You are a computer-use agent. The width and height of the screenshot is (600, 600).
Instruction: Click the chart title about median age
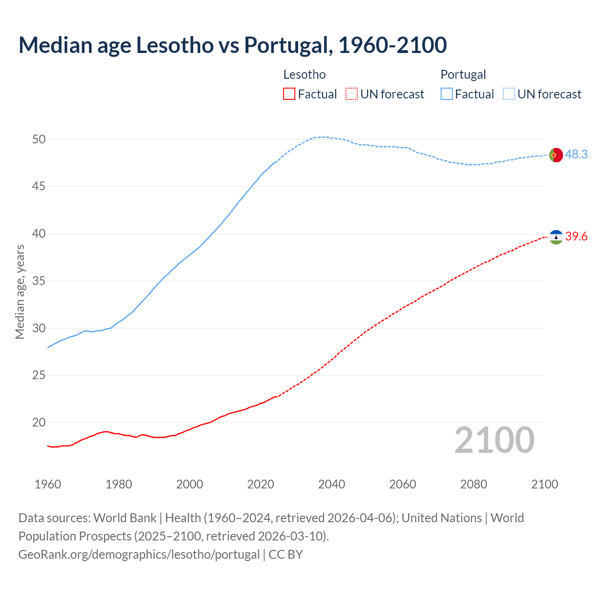point(232,45)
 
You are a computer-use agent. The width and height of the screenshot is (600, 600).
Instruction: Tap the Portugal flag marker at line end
point(555,155)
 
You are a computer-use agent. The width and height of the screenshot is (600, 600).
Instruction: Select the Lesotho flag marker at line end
point(555,237)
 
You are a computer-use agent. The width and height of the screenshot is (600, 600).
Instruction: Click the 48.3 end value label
point(576,154)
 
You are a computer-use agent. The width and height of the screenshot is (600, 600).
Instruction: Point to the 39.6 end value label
point(576,237)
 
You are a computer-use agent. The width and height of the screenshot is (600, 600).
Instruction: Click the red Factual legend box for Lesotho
point(289,94)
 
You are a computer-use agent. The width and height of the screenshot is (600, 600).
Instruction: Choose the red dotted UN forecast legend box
point(352,94)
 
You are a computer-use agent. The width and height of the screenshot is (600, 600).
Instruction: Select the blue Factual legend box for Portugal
point(447,94)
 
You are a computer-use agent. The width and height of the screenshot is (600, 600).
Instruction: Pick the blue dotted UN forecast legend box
point(509,94)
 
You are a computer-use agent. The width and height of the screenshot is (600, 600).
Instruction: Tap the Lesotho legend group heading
point(304,75)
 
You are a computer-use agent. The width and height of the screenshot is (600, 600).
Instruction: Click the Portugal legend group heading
point(463,75)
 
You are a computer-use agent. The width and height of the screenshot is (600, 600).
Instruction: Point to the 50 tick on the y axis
point(39,139)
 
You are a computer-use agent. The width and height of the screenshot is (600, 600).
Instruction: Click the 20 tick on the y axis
point(39,422)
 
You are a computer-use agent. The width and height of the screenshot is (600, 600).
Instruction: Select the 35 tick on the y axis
point(39,281)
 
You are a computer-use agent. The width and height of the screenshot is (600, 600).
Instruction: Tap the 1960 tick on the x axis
point(48,484)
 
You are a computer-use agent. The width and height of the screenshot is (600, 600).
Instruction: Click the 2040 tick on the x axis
point(331,484)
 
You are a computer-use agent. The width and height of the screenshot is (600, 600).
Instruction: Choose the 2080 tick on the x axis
point(473,484)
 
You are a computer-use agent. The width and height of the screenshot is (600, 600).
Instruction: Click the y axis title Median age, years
point(20,292)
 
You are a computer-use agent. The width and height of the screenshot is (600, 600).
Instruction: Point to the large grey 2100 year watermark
point(494,440)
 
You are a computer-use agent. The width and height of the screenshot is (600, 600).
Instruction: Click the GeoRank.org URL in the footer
point(139,555)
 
